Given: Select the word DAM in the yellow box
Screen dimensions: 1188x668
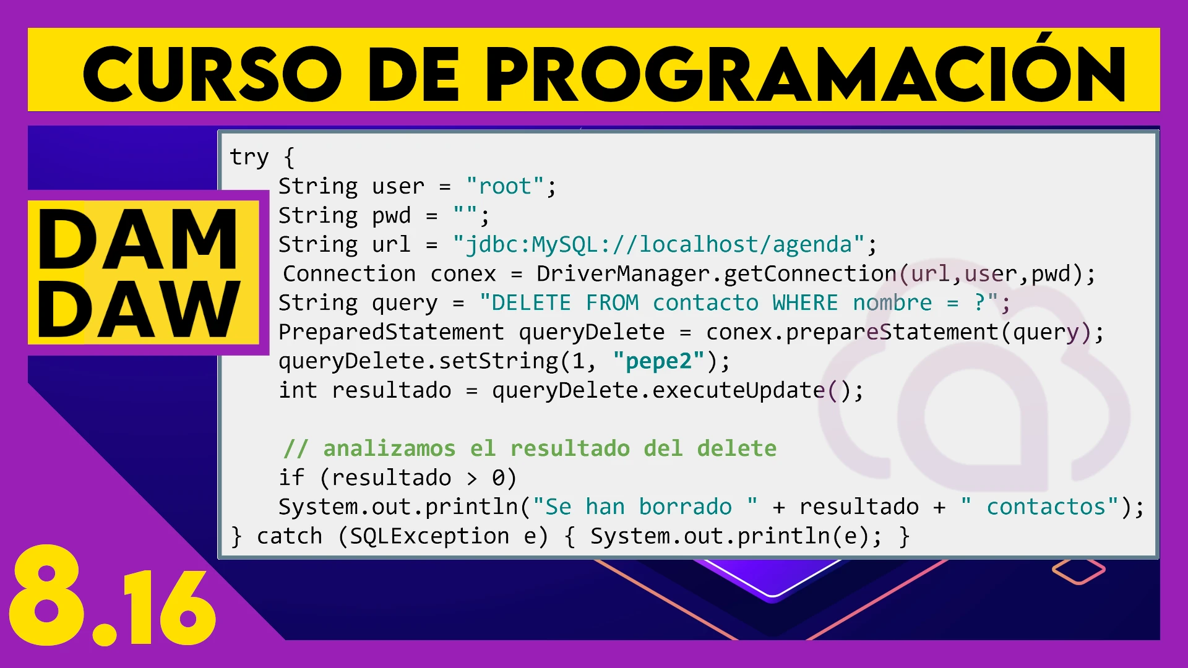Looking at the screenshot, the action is coord(137,239).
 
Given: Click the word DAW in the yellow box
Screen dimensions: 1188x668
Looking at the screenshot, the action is coord(139,309).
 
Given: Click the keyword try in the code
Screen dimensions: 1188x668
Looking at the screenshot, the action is coord(249,157).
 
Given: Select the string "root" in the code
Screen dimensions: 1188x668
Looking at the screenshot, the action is coord(505,186).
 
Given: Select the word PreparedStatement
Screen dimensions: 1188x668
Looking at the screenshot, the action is coord(391,332).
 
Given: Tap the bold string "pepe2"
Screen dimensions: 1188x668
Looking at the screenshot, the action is coord(658,361).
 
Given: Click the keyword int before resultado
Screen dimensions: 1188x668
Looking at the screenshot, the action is coord(298,390).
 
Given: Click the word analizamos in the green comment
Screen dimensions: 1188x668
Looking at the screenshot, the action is coord(389,448).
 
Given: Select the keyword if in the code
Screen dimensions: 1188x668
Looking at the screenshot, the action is coord(291,477).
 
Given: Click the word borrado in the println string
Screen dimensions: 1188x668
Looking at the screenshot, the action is coord(685,507).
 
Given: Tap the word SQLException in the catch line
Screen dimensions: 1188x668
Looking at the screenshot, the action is coord(429,536).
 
